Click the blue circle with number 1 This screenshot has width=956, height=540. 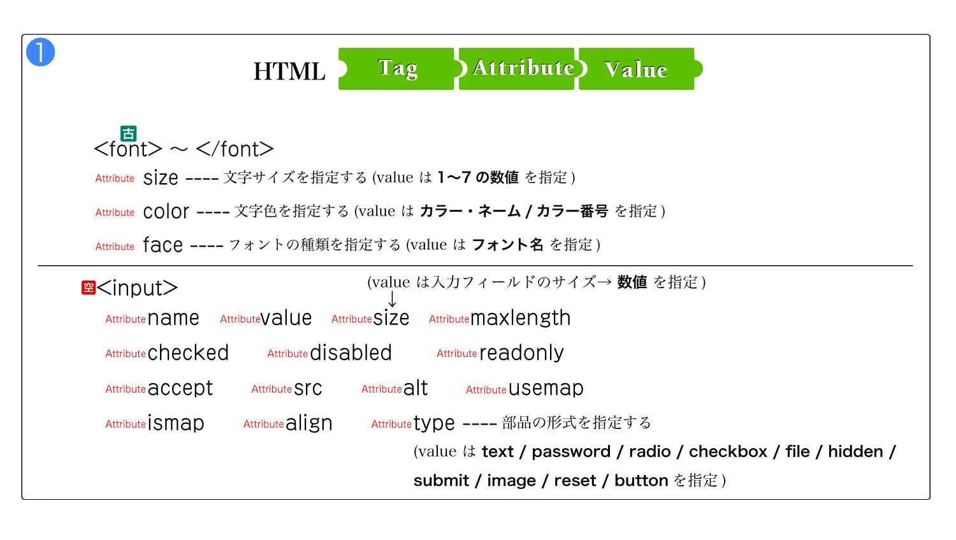(41, 52)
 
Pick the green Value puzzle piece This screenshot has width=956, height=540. (637, 69)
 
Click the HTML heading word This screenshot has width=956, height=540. (289, 71)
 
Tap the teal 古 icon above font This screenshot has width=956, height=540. (129, 133)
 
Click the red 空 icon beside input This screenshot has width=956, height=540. (89, 288)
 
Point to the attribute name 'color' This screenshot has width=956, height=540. (166, 211)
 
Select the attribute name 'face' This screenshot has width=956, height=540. (163, 245)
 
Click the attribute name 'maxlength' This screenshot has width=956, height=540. (520, 318)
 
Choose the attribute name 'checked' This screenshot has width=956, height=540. (188, 353)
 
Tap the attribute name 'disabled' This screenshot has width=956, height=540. (351, 353)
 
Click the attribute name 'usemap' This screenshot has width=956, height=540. (546, 389)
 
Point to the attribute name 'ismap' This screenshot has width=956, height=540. (176, 423)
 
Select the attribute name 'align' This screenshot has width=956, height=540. (308, 424)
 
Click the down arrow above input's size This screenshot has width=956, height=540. (392, 299)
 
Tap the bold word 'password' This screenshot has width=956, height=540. (571, 452)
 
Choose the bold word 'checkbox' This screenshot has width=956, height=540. (728, 451)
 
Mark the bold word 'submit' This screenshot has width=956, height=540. (441, 481)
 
